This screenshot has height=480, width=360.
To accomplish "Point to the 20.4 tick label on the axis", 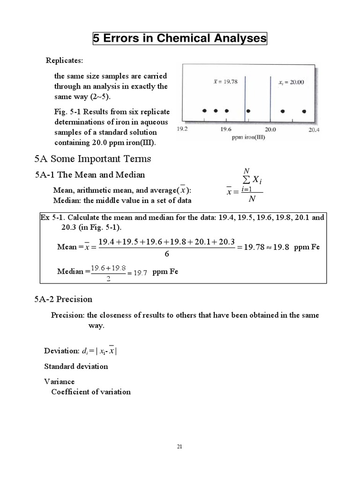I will pos(314,130).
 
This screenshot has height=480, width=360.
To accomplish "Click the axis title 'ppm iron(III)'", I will pos(247,138).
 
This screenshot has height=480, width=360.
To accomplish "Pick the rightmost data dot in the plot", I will pos(304,111).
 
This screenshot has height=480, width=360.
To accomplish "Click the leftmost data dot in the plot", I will pos(204,111).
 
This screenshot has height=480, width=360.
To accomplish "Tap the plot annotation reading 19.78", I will pos(225,81).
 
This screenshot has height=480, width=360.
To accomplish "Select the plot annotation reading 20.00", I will pos(291,82).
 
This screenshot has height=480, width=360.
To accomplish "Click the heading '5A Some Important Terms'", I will pos(93,158).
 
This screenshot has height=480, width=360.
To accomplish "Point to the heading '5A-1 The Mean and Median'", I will pos(90,175).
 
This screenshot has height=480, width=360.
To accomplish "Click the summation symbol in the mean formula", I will pos(245,180).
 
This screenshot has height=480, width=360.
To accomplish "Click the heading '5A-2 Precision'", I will pos(64,299).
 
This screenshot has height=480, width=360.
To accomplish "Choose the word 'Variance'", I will pos(59,382).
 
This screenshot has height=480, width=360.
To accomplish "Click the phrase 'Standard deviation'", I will pos(76,366).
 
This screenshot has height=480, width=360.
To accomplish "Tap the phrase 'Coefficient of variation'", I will pos(91,391).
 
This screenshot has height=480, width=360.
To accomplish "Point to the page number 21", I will pos(179,446).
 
